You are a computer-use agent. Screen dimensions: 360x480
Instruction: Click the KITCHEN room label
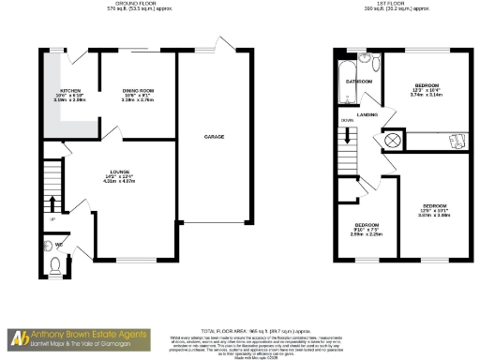73,91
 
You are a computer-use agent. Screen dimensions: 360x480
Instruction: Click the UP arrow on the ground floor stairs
52,203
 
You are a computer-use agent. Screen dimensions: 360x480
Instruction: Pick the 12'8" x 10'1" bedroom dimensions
433,211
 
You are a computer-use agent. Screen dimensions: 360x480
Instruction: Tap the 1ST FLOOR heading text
386,4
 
